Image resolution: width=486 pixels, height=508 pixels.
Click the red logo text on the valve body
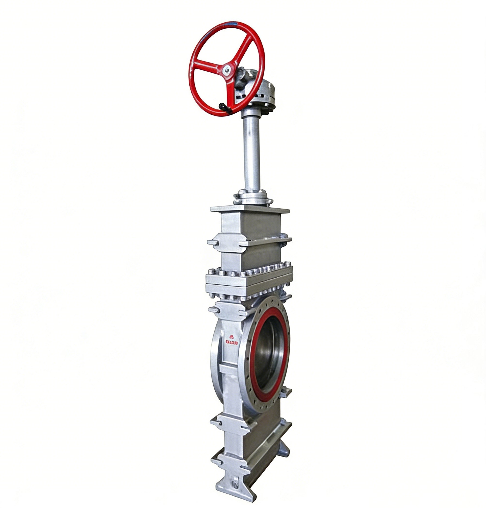[x=232, y=343]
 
